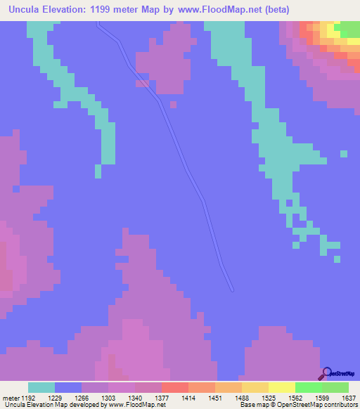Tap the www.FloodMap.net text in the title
tap(224, 11)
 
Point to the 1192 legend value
tap(28, 398)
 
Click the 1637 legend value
tap(340, 398)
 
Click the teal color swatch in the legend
tap(41, 387)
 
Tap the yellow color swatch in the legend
tap(282, 387)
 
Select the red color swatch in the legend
tap(175, 387)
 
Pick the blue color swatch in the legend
tap(68, 387)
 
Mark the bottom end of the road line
tap(231, 288)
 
